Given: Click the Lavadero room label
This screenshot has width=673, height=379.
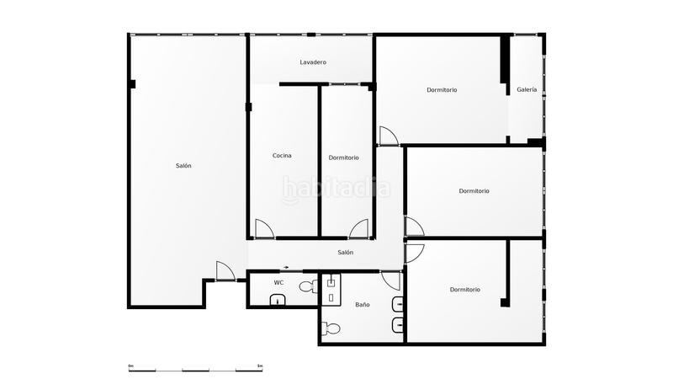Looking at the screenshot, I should [x=313, y=62].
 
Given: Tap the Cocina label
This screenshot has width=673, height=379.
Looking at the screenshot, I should [x=282, y=156].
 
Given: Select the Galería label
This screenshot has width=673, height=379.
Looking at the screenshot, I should [x=527, y=90].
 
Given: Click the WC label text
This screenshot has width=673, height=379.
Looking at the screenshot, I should [x=278, y=282].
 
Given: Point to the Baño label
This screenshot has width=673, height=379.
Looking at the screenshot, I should [x=362, y=304].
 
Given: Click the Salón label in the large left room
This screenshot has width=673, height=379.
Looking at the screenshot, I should [x=183, y=166].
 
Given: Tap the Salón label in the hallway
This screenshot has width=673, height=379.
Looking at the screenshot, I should [x=345, y=253].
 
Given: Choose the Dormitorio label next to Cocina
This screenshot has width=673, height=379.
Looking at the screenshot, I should [x=343, y=157].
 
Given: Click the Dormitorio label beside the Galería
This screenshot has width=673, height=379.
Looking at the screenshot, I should [x=442, y=90].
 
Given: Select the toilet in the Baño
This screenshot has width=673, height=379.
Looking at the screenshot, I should [x=332, y=328].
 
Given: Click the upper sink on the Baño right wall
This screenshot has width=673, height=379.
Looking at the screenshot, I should [x=398, y=304].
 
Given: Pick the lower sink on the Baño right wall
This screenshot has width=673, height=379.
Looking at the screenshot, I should [x=398, y=325].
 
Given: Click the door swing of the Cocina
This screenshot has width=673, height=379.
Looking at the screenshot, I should [x=264, y=228].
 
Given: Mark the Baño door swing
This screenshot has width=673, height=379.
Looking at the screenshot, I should [x=390, y=280].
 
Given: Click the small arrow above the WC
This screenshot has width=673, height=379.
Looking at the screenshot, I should [x=286, y=268].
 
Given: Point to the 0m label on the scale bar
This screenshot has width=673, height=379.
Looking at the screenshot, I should [x=130, y=366].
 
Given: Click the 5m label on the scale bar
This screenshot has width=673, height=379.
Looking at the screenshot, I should [x=260, y=366].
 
